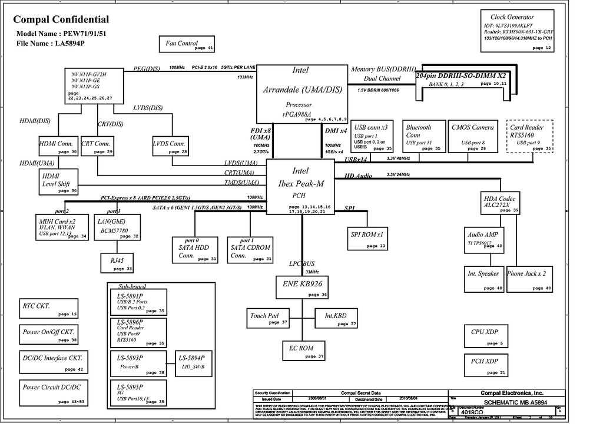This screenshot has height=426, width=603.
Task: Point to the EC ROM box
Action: tap(304, 351)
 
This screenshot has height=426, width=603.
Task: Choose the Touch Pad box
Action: tap(268, 319)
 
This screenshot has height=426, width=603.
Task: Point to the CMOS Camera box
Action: tap(473, 137)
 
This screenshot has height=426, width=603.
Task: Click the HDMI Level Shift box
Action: tap(58, 181)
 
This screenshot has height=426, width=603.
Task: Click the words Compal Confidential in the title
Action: tap(61, 19)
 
